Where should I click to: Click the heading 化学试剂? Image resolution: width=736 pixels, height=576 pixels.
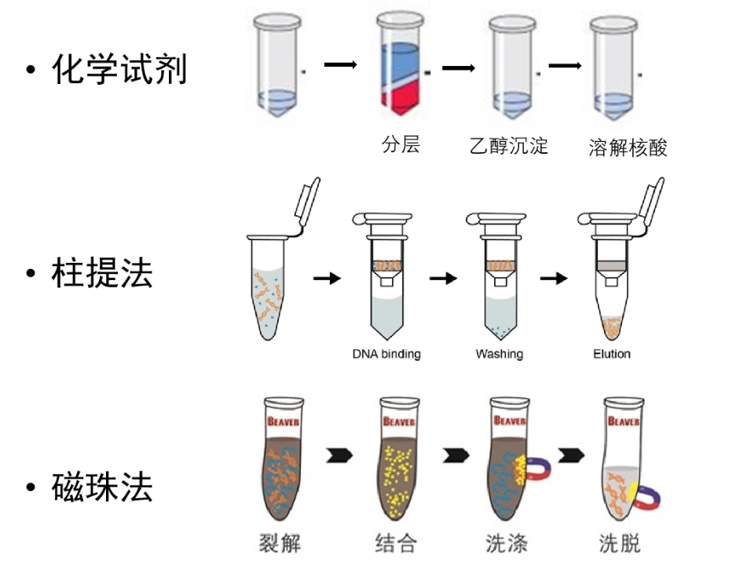coord(119,70)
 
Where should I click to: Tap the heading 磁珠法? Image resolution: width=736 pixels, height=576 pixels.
coord(102,487)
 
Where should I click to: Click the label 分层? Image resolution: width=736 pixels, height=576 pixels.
coord(401,144)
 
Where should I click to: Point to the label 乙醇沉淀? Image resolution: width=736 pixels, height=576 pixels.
coord(508,146)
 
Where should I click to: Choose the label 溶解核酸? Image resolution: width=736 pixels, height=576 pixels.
coord(628,148)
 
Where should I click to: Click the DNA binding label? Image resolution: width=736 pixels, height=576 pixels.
coord(386,354)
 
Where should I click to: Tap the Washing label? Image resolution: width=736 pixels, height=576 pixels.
coord(499,354)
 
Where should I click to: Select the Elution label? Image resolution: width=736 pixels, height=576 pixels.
coord(611,354)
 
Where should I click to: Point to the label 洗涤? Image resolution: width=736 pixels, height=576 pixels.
coord(507,542)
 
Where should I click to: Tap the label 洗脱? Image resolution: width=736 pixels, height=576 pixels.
coord(620,542)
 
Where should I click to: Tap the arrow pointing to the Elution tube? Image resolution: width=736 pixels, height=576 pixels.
coord(554,278)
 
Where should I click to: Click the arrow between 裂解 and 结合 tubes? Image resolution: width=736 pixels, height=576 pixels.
coord(339,455)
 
